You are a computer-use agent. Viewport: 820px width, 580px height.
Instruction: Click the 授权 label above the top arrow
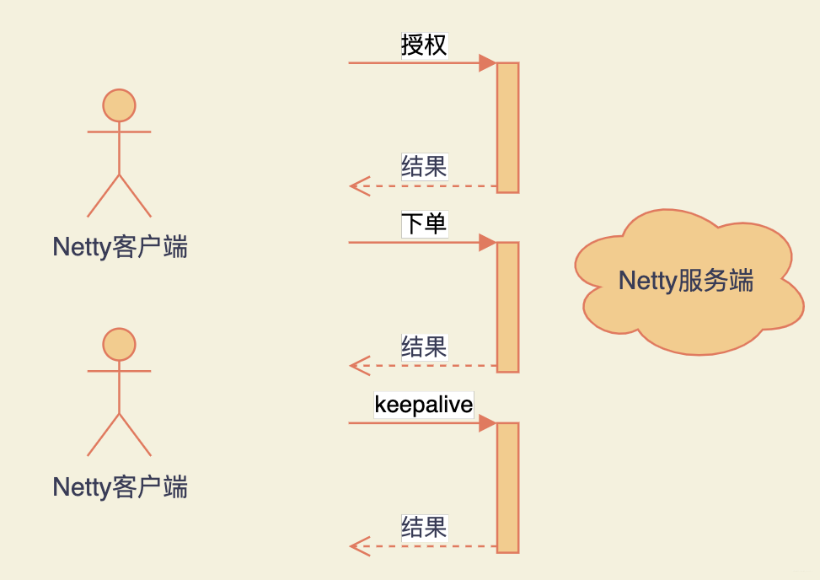424,45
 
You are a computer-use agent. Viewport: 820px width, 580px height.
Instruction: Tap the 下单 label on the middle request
424,224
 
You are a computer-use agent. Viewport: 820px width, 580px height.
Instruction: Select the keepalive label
424,405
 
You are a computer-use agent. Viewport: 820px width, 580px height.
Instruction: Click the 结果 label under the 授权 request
424,166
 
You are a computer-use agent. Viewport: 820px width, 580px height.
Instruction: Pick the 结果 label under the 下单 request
424,346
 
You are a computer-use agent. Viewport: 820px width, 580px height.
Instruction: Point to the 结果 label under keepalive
424,528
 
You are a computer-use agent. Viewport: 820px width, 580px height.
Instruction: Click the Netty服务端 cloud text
685,281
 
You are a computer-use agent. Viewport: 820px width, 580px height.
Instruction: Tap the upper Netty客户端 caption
120,247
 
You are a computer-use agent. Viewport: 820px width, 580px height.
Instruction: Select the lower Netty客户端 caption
120,486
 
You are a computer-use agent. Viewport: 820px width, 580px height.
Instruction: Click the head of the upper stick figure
119,105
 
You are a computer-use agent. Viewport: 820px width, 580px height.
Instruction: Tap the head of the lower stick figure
119,345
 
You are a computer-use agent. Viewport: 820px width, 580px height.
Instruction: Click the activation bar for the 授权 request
507,127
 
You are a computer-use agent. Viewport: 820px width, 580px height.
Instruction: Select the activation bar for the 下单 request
507,307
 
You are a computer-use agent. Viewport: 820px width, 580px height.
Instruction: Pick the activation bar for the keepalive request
507,487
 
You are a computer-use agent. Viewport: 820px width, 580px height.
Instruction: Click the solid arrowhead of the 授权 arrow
487,63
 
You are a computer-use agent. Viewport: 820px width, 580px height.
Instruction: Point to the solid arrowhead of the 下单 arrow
487,243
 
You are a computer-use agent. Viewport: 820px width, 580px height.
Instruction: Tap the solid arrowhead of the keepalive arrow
487,423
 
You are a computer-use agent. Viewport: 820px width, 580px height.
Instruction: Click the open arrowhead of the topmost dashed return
359,185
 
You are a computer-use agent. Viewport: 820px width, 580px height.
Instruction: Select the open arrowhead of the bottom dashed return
359,546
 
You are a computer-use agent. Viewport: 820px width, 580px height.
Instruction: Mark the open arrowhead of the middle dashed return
359,365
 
